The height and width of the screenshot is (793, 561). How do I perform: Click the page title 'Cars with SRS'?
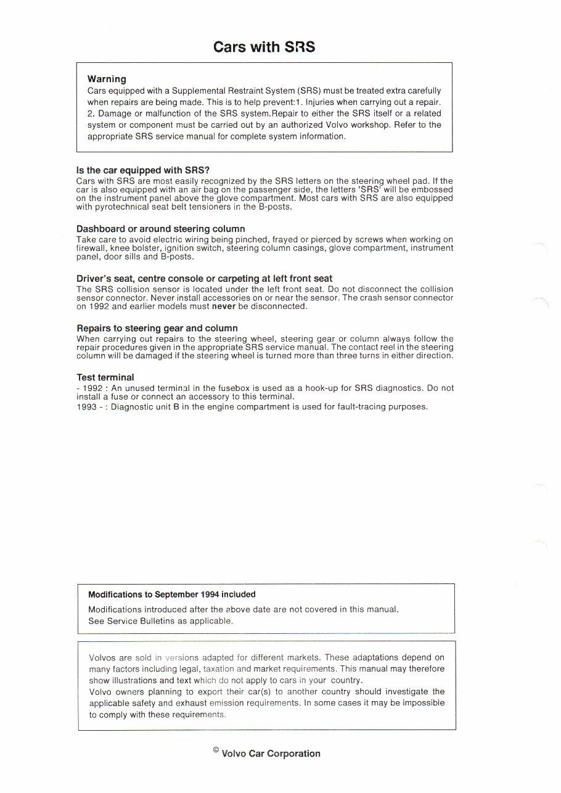click(264, 47)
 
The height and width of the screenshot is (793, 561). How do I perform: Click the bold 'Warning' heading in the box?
click(107, 79)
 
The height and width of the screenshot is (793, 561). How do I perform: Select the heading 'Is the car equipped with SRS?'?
click(144, 170)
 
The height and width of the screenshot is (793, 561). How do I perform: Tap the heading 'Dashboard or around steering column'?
click(160, 229)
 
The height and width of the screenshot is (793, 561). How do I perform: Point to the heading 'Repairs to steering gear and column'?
click(157, 328)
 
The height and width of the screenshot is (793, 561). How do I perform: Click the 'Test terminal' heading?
click(105, 377)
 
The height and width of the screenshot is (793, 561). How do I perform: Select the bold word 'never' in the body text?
click(224, 306)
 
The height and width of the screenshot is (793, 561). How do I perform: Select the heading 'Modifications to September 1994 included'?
click(171, 594)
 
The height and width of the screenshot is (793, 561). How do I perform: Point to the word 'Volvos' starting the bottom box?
click(102, 657)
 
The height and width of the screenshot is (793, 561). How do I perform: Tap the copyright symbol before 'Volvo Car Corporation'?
click(216, 750)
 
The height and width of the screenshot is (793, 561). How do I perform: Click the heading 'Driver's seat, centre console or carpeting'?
click(204, 279)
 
